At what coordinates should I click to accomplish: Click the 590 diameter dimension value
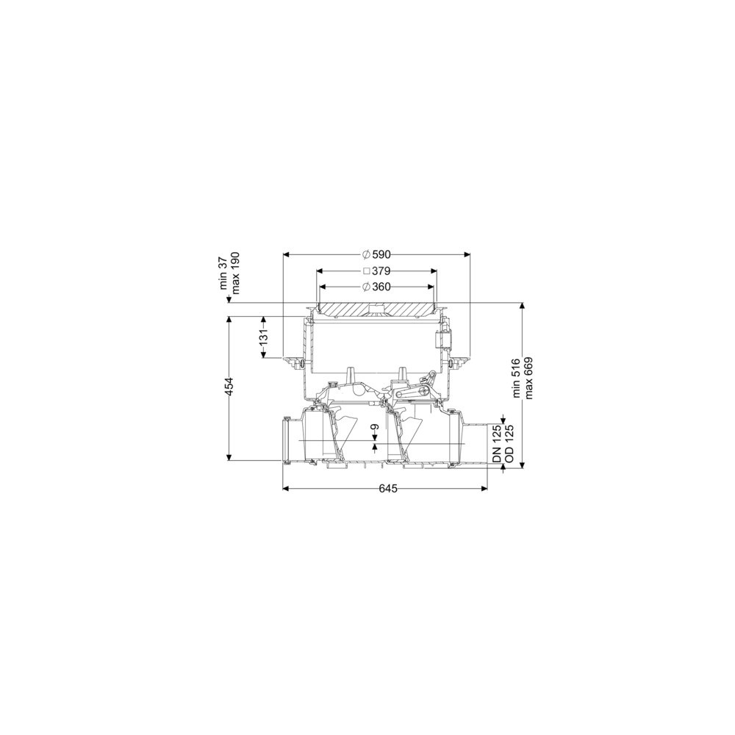[381, 254]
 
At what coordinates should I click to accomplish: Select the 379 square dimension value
[381, 271]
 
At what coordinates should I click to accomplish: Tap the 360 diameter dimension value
[381, 287]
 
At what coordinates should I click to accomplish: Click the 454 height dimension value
[229, 386]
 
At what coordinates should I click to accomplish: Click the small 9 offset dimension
[375, 427]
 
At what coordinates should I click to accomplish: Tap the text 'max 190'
[235, 273]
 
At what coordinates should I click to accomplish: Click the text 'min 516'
[517, 379]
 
